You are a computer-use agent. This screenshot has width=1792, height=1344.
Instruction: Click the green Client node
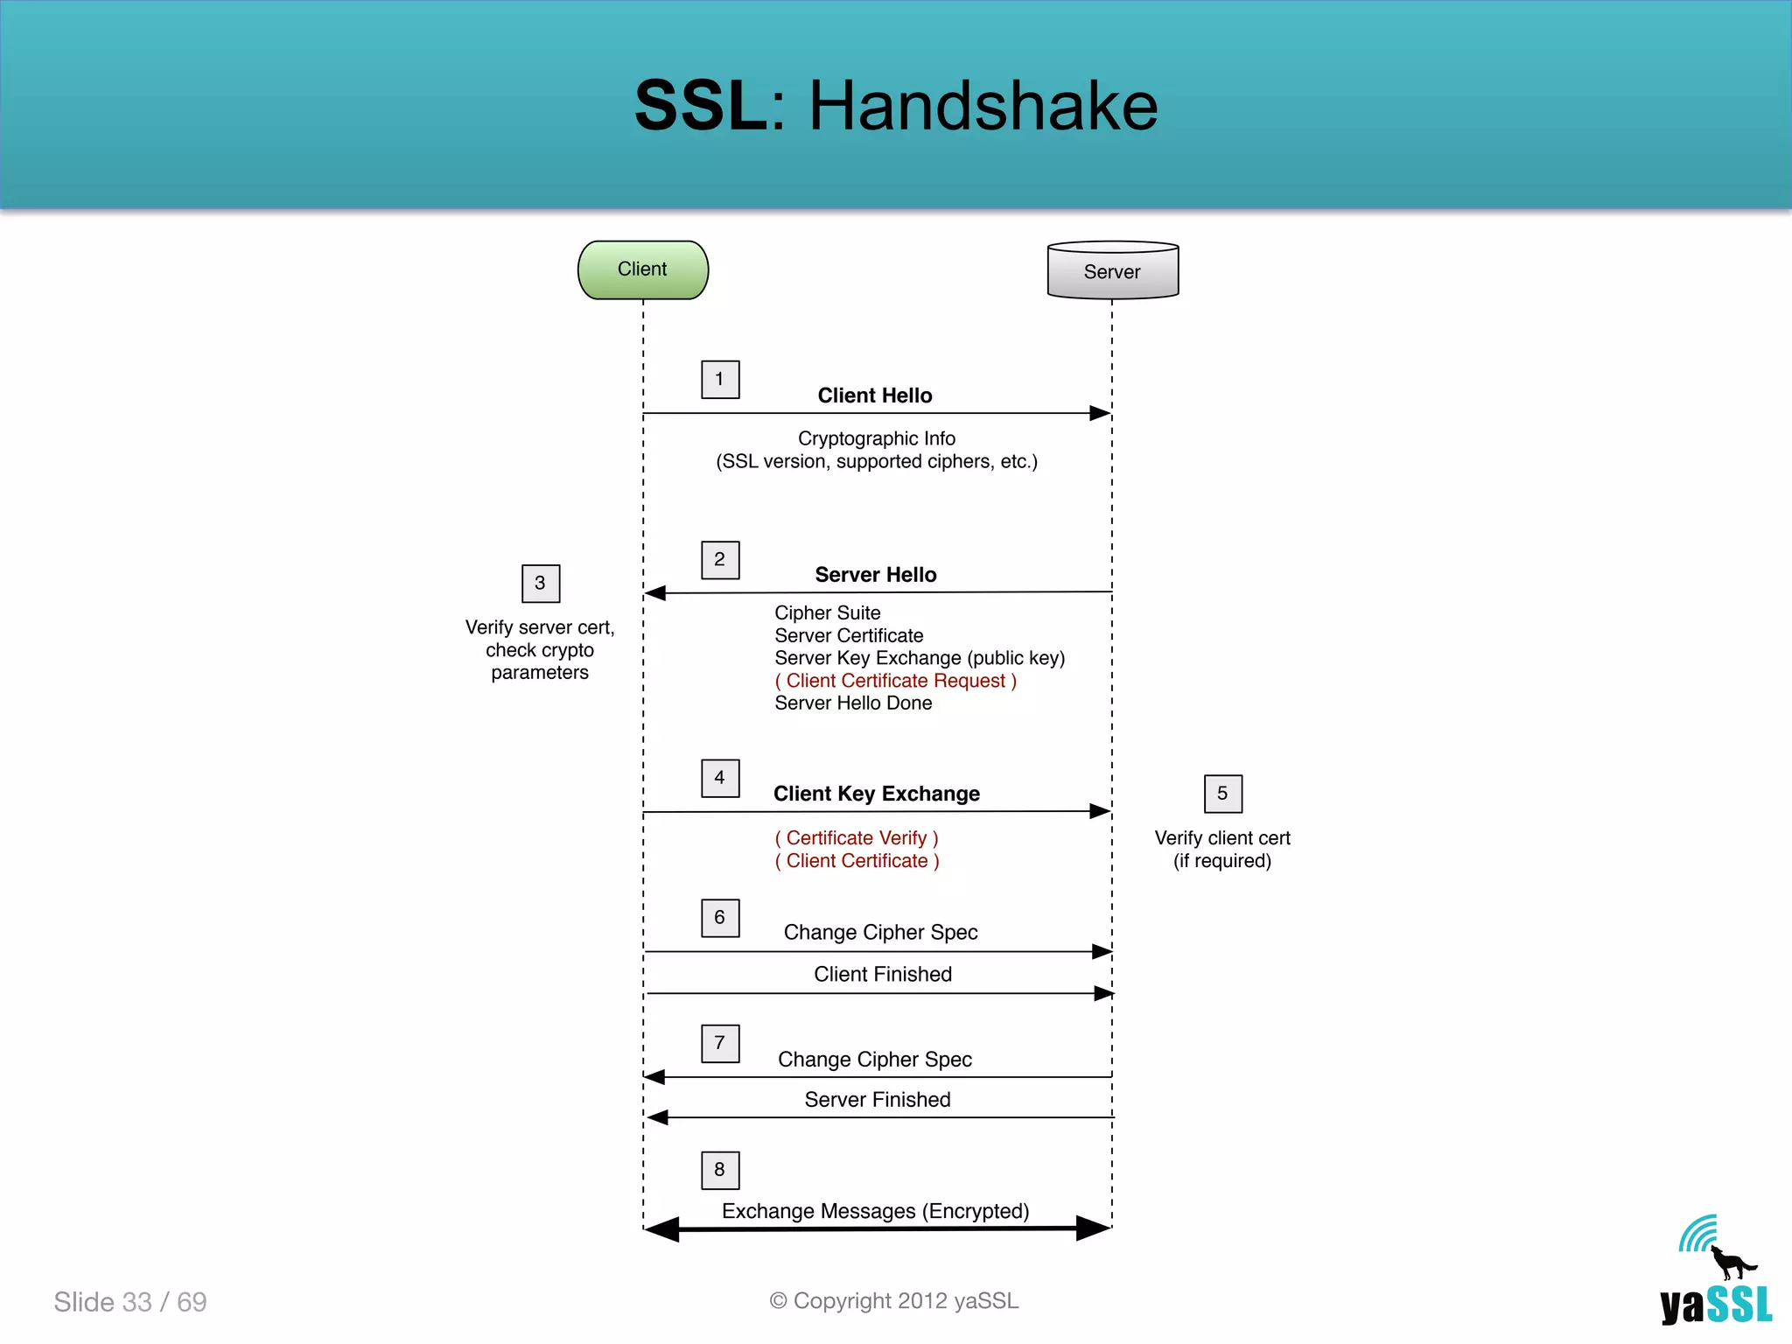pyautogui.click(x=643, y=269)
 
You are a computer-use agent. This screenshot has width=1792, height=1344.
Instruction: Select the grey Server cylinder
pyautogui.click(x=1112, y=271)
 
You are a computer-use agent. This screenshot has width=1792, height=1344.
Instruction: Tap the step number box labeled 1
pyautogui.click(x=720, y=379)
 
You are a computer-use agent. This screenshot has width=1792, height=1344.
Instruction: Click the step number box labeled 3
pyautogui.click(x=540, y=583)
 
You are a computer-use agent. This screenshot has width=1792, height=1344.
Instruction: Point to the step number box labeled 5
pyautogui.click(x=1222, y=794)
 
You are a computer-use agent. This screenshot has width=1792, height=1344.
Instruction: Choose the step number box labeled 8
pyautogui.click(x=720, y=1170)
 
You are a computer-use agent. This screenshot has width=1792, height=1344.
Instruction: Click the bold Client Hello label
pyautogui.click(x=875, y=395)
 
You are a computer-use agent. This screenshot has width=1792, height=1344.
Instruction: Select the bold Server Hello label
pyautogui.click(x=876, y=575)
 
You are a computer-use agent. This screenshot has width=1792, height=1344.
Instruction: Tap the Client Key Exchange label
pyautogui.click(x=877, y=794)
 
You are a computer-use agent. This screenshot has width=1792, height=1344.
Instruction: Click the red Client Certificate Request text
pyautogui.click(x=895, y=681)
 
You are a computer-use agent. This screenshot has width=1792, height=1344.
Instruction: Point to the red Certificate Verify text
pyautogui.click(x=857, y=838)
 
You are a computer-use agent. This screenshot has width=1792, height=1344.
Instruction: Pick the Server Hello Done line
pyautogui.click(x=853, y=703)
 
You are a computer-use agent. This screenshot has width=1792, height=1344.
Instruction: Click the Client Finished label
pyautogui.click(x=883, y=974)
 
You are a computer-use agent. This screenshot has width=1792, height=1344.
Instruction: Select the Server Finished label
pyautogui.click(x=878, y=1100)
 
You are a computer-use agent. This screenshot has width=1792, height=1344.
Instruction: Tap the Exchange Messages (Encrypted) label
pyautogui.click(x=875, y=1211)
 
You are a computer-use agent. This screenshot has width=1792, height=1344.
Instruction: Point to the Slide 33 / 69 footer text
pyautogui.click(x=130, y=1302)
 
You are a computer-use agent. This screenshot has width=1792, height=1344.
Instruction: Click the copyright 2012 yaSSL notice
pyautogui.click(x=894, y=1301)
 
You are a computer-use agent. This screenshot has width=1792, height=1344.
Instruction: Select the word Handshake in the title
pyautogui.click(x=983, y=106)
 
